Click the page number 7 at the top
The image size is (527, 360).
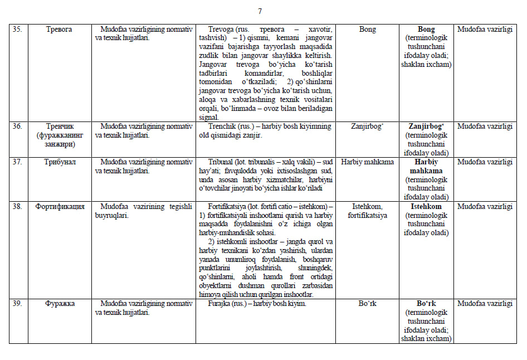click(260, 11)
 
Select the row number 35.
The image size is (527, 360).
click(17, 30)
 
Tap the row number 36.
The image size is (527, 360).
click(17, 127)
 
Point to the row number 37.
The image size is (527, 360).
click(17, 162)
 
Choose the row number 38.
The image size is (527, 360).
click(17, 207)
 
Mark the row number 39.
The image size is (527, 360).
click(17, 304)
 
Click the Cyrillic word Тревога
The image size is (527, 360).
click(60, 30)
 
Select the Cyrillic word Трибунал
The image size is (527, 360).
click(60, 162)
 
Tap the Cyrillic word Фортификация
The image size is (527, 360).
click(60, 207)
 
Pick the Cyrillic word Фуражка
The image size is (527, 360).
click(60, 304)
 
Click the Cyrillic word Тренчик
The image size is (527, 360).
click(60, 127)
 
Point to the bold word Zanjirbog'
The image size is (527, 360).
click(426, 127)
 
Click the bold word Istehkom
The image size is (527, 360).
click(426, 207)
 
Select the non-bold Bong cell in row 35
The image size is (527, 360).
click(368, 30)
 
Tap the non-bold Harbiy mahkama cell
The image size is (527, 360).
click(368, 162)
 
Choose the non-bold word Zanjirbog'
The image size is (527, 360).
click(368, 127)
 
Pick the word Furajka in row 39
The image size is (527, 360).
click(219, 304)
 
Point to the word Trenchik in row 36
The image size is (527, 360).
click(222, 127)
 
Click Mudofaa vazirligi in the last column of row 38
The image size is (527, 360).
click(485, 207)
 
